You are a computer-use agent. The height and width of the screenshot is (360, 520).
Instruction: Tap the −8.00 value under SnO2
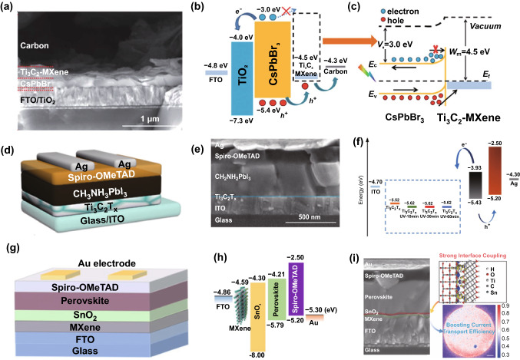pyautogui.click(x=265, y=352)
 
